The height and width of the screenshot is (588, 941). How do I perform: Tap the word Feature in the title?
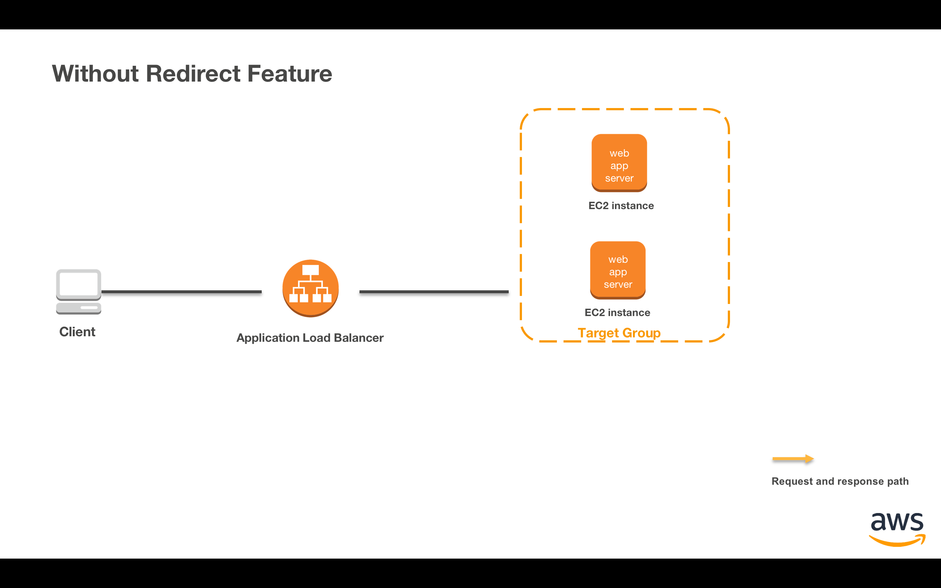point(289,73)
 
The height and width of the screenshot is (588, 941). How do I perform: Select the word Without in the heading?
point(95,73)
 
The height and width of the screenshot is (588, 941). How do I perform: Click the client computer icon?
point(79,285)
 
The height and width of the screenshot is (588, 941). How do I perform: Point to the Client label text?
point(77,332)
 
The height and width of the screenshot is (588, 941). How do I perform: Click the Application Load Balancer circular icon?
point(310,288)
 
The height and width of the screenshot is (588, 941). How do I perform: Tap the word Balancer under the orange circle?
point(358,338)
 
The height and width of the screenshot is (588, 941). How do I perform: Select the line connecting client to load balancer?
point(181,292)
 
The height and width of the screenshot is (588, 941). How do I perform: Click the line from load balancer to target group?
point(434,292)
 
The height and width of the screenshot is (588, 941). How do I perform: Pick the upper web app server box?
point(619,162)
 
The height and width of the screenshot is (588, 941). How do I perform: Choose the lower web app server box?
point(618,270)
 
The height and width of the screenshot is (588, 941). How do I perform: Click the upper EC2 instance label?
point(621,206)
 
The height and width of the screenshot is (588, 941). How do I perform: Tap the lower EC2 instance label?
point(617,313)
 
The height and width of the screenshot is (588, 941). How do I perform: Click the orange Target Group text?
point(619,333)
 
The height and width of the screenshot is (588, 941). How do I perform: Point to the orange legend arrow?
point(792,459)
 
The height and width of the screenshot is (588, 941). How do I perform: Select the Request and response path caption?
point(840,481)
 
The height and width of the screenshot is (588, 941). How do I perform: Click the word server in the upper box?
point(619,179)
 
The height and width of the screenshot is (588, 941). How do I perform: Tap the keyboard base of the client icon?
point(79,308)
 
